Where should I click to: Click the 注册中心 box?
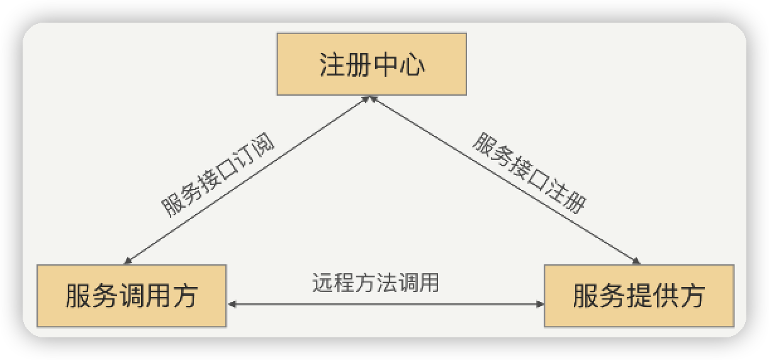(x=373, y=65)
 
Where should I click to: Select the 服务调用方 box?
(x=131, y=296)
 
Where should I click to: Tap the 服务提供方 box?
(x=638, y=296)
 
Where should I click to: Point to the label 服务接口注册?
(x=529, y=173)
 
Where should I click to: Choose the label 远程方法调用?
(x=375, y=283)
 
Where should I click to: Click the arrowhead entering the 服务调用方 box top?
(x=128, y=261)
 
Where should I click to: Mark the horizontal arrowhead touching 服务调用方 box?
(x=231, y=305)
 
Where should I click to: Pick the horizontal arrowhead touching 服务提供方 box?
(x=539, y=305)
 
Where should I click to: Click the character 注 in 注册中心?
(x=332, y=65)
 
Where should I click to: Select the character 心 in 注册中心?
(x=413, y=65)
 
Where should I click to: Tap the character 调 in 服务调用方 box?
(x=131, y=296)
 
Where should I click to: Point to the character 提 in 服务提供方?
(x=638, y=296)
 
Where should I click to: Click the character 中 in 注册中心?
(x=386, y=65)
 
